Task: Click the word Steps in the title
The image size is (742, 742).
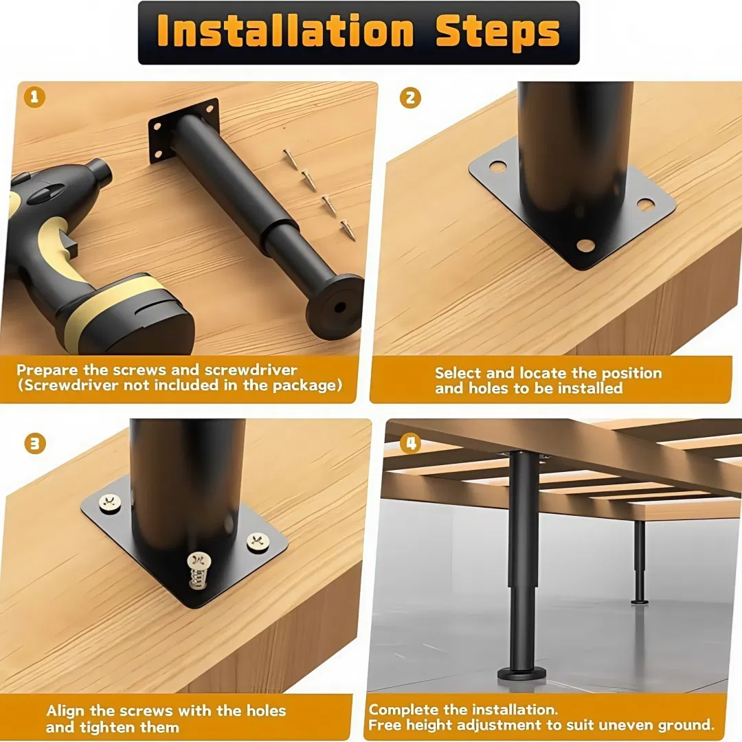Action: tap(498, 32)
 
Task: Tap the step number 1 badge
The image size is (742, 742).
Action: tap(34, 97)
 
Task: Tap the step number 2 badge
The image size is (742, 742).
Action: tap(410, 98)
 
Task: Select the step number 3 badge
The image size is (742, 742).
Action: tap(35, 443)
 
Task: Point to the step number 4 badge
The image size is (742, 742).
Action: tap(410, 443)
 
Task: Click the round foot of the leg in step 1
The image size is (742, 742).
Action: tap(335, 306)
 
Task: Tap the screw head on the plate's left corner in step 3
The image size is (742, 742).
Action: tap(109, 504)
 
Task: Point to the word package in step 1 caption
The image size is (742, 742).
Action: tap(304, 385)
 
